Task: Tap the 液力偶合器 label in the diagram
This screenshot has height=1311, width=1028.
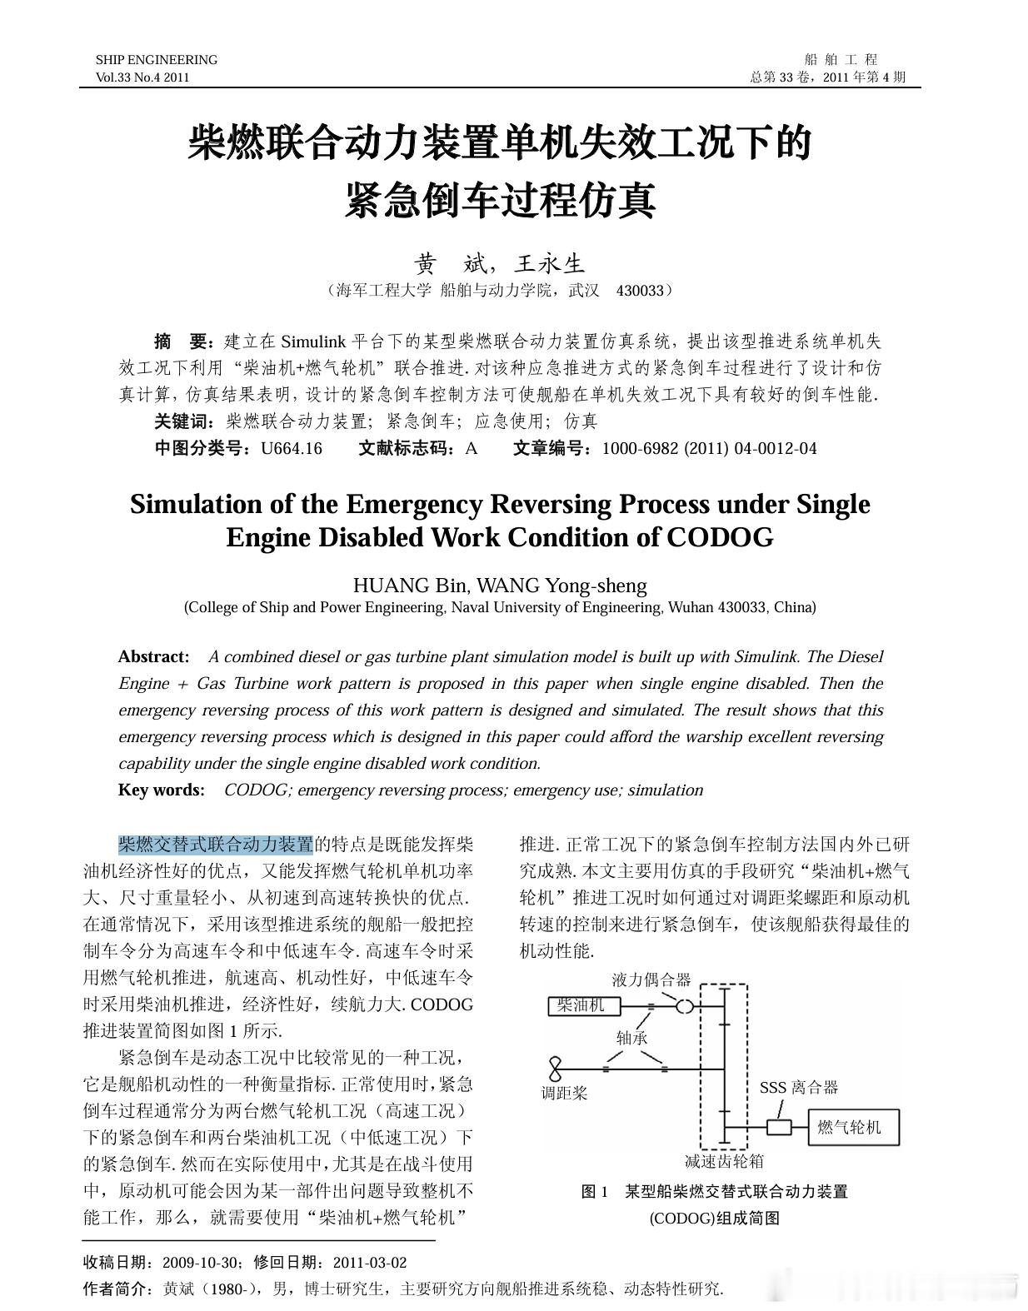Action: coord(651,980)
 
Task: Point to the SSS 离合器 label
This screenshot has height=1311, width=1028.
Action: coord(798,1087)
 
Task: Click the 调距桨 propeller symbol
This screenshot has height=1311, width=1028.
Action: coord(555,1069)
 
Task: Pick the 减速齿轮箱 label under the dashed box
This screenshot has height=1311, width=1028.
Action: coord(724,1160)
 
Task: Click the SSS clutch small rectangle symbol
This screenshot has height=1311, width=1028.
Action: coord(779,1127)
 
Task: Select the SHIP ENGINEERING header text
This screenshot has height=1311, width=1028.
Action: coord(156,60)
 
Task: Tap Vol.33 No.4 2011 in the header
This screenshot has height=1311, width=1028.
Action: coord(142,77)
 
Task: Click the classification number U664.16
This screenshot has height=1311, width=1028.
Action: coord(292,448)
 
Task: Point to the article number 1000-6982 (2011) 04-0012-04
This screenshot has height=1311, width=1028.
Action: coord(709,448)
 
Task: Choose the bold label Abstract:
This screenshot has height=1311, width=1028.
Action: coord(153,656)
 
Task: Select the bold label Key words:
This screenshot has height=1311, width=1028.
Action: coord(161,790)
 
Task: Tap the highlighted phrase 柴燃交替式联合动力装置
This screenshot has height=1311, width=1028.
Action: coord(215,845)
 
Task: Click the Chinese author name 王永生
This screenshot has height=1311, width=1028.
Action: coord(549,264)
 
